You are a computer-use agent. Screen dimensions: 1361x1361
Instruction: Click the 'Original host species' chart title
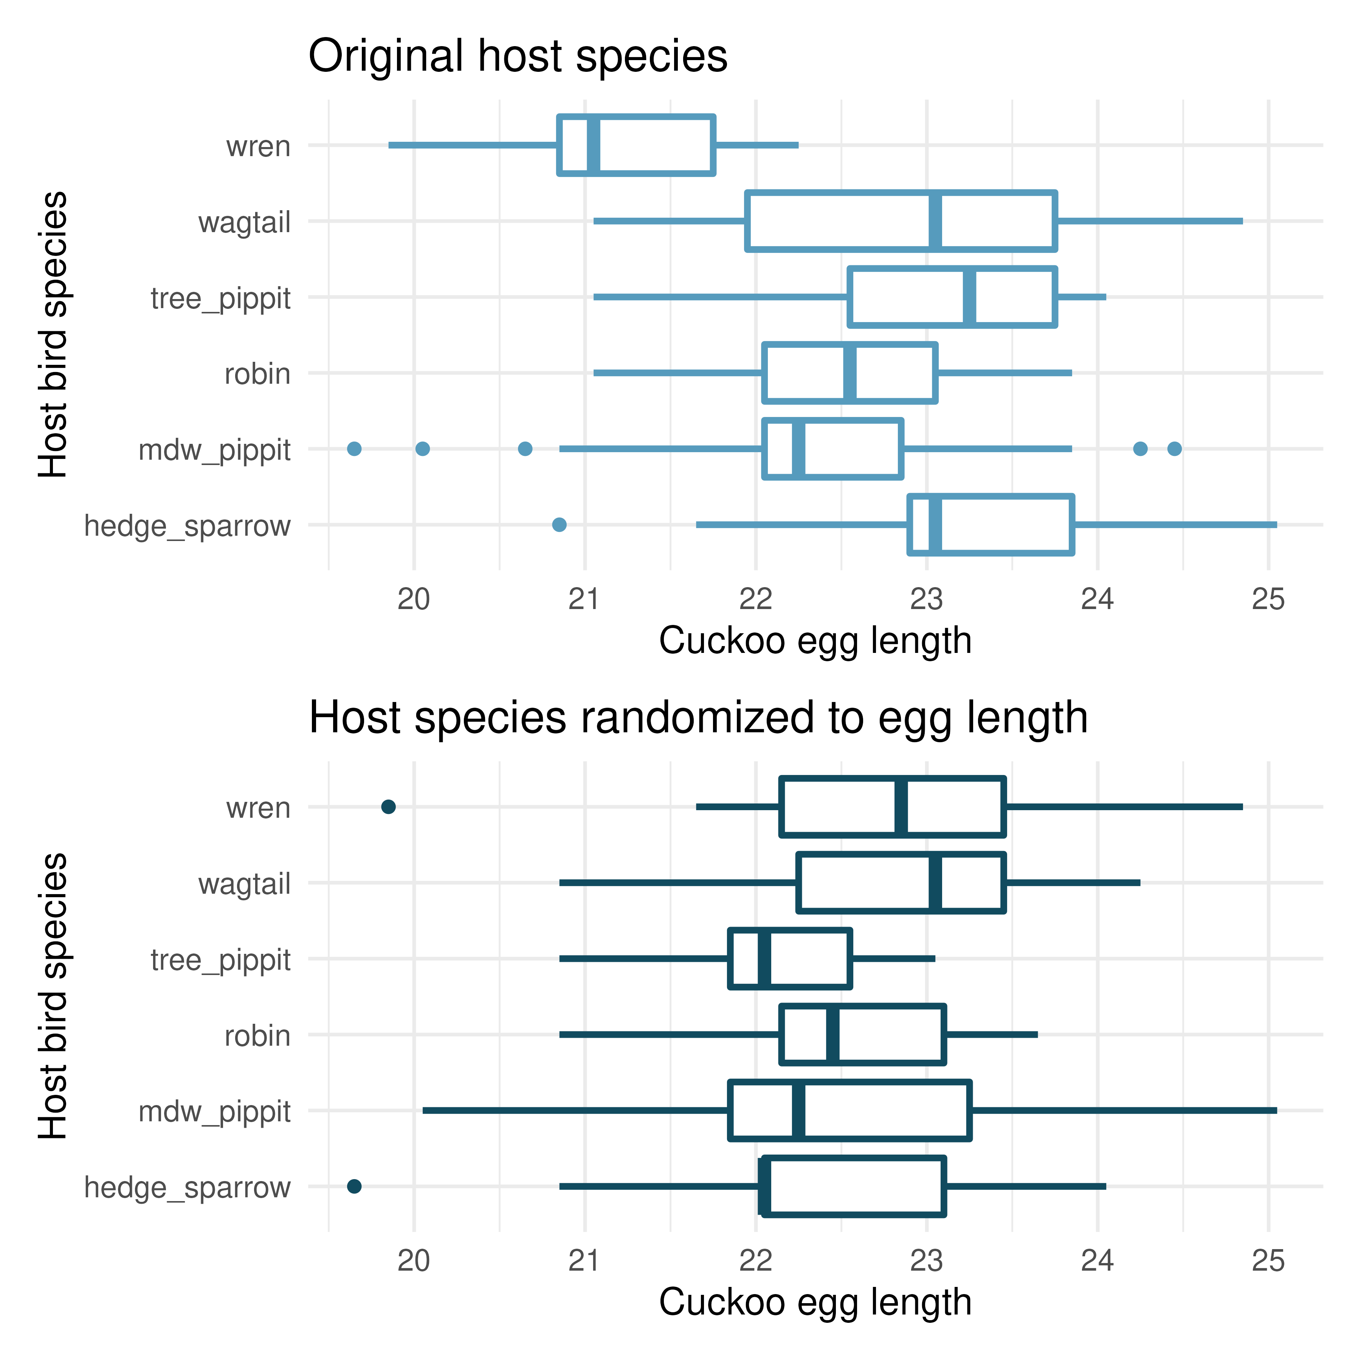518,56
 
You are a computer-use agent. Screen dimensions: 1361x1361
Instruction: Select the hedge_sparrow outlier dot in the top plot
560,524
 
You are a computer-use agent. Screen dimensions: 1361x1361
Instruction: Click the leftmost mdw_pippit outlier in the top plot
354,449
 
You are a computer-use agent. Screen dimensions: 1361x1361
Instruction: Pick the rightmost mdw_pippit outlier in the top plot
1174,449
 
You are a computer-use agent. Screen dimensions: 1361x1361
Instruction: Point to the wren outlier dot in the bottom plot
388,807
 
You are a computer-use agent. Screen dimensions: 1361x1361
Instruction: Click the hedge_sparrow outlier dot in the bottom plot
354,1186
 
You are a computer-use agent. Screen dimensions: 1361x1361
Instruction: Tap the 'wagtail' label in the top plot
245,223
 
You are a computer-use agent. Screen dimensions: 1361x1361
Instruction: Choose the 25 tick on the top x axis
1268,600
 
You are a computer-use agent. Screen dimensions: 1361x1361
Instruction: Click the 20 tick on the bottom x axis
414,1261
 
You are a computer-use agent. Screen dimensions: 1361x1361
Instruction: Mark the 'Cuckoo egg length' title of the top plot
815,641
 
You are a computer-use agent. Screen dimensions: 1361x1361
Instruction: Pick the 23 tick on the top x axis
926,600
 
